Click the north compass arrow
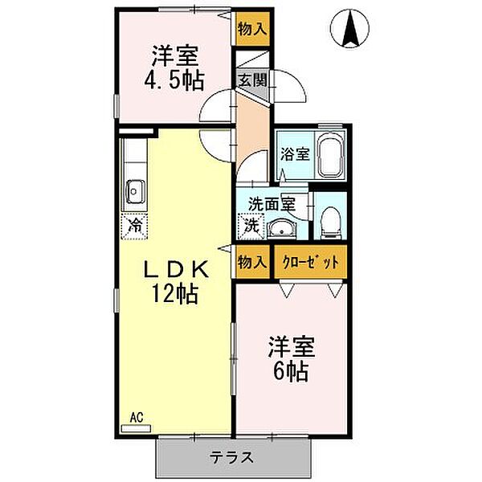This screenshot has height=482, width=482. [x=350, y=31]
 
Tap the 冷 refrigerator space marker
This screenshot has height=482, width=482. [x=135, y=226]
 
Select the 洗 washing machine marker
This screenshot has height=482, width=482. [x=251, y=227]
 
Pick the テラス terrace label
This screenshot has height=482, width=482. [x=233, y=458]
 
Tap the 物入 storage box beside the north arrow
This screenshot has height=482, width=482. [x=251, y=30]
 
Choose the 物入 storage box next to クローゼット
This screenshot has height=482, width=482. [x=252, y=262]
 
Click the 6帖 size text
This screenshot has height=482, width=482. [x=292, y=373]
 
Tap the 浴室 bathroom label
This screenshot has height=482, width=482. [x=292, y=154]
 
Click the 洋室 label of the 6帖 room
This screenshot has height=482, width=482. [x=292, y=348]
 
